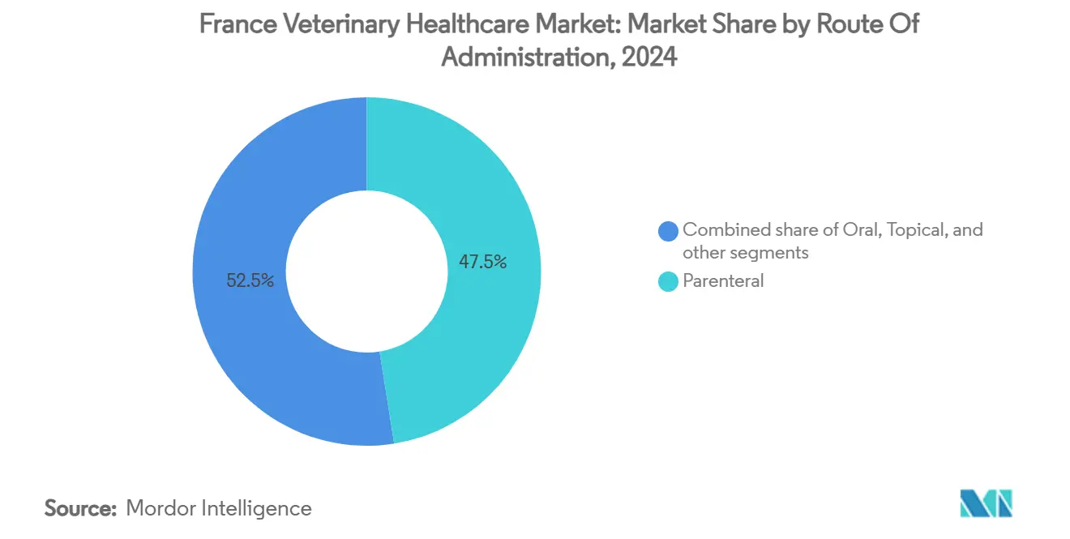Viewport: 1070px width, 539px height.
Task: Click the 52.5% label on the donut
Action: coord(250,281)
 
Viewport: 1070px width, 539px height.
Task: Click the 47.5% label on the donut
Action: coord(483,262)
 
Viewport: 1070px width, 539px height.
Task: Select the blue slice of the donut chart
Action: coord(243,340)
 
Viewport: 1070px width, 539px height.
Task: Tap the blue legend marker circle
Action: coord(668,231)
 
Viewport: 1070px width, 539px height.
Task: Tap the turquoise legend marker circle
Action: coord(668,282)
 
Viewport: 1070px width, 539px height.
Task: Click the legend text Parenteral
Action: coord(723,282)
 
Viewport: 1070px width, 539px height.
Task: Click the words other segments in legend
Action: coord(746,253)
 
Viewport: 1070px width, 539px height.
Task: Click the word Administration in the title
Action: coord(520,58)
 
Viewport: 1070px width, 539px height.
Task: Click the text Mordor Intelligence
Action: coord(219,509)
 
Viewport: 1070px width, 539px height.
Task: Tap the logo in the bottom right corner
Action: coord(986,503)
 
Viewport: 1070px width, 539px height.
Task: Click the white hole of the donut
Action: coord(366,271)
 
